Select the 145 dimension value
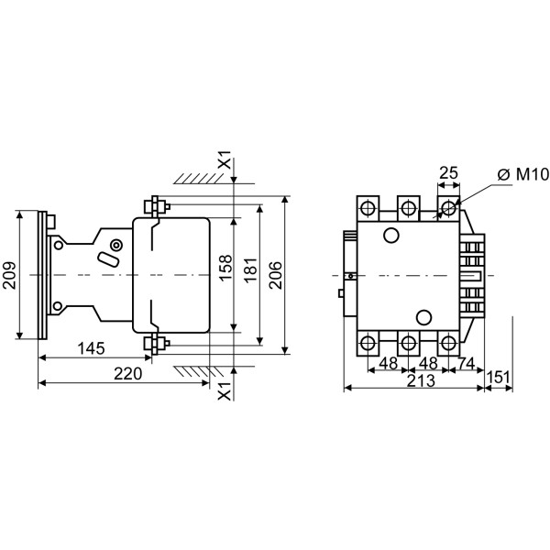tap(90, 348)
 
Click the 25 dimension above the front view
tap(448, 173)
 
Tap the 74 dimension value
tap(467, 363)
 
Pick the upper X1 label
tap(225, 162)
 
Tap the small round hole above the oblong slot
tap(115, 246)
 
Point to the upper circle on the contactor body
tap(391, 236)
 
